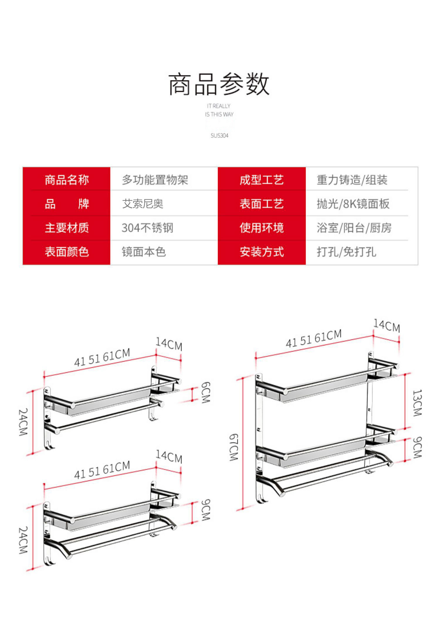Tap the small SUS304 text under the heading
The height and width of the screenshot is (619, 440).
pyautogui.click(x=219, y=135)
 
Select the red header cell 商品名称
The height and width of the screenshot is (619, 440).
pyautogui.click(x=67, y=180)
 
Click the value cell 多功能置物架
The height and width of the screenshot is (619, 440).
pyautogui.click(x=155, y=180)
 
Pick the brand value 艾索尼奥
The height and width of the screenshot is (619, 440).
pyautogui.click(x=143, y=204)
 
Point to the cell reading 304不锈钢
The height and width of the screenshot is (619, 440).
pyautogui.click(x=148, y=228)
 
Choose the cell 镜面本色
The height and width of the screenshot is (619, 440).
pyautogui.click(x=144, y=252)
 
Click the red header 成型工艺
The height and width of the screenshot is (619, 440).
pyautogui.click(x=262, y=180)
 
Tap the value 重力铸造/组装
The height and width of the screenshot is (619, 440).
pyautogui.click(x=352, y=180)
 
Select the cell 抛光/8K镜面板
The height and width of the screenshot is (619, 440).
pyautogui.click(x=353, y=204)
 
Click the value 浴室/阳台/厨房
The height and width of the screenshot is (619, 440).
pyautogui.click(x=354, y=228)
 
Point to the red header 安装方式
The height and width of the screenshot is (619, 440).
pyautogui.click(x=262, y=252)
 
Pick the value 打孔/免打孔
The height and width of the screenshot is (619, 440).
pyautogui.click(x=346, y=252)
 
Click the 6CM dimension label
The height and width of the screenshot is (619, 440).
pyautogui.click(x=206, y=392)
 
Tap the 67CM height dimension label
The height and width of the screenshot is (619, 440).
pyautogui.click(x=234, y=447)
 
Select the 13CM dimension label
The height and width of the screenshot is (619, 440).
pyautogui.click(x=417, y=403)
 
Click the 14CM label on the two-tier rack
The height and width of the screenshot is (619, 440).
pyautogui.click(x=387, y=326)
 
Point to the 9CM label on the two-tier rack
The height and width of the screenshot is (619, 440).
pyautogui.click(x=417, y=447)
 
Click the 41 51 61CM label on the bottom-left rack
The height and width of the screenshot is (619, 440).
pyautogui.click(x=102, y=470)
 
